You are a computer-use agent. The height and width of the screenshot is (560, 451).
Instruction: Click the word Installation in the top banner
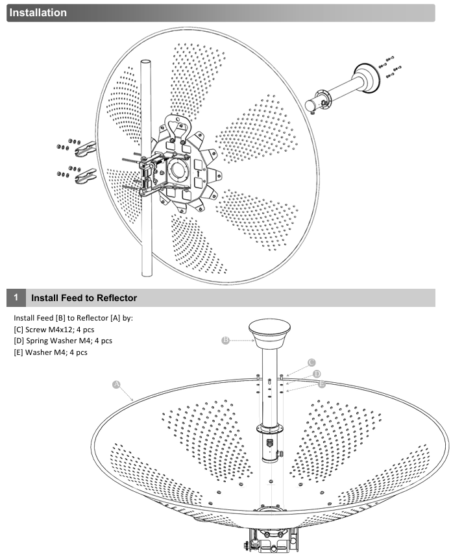[x=38, y=12]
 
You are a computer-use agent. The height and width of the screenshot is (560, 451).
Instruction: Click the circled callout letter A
[x=117, y=383]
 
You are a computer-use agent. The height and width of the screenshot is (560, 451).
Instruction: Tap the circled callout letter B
[x=225, y=339]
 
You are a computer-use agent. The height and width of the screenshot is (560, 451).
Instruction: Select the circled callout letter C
[x=311, y=362]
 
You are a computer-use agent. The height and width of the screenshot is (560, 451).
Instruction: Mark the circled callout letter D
[x=316, y=374]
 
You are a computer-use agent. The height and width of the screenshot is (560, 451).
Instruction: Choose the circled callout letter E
[x=321, y=384]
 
